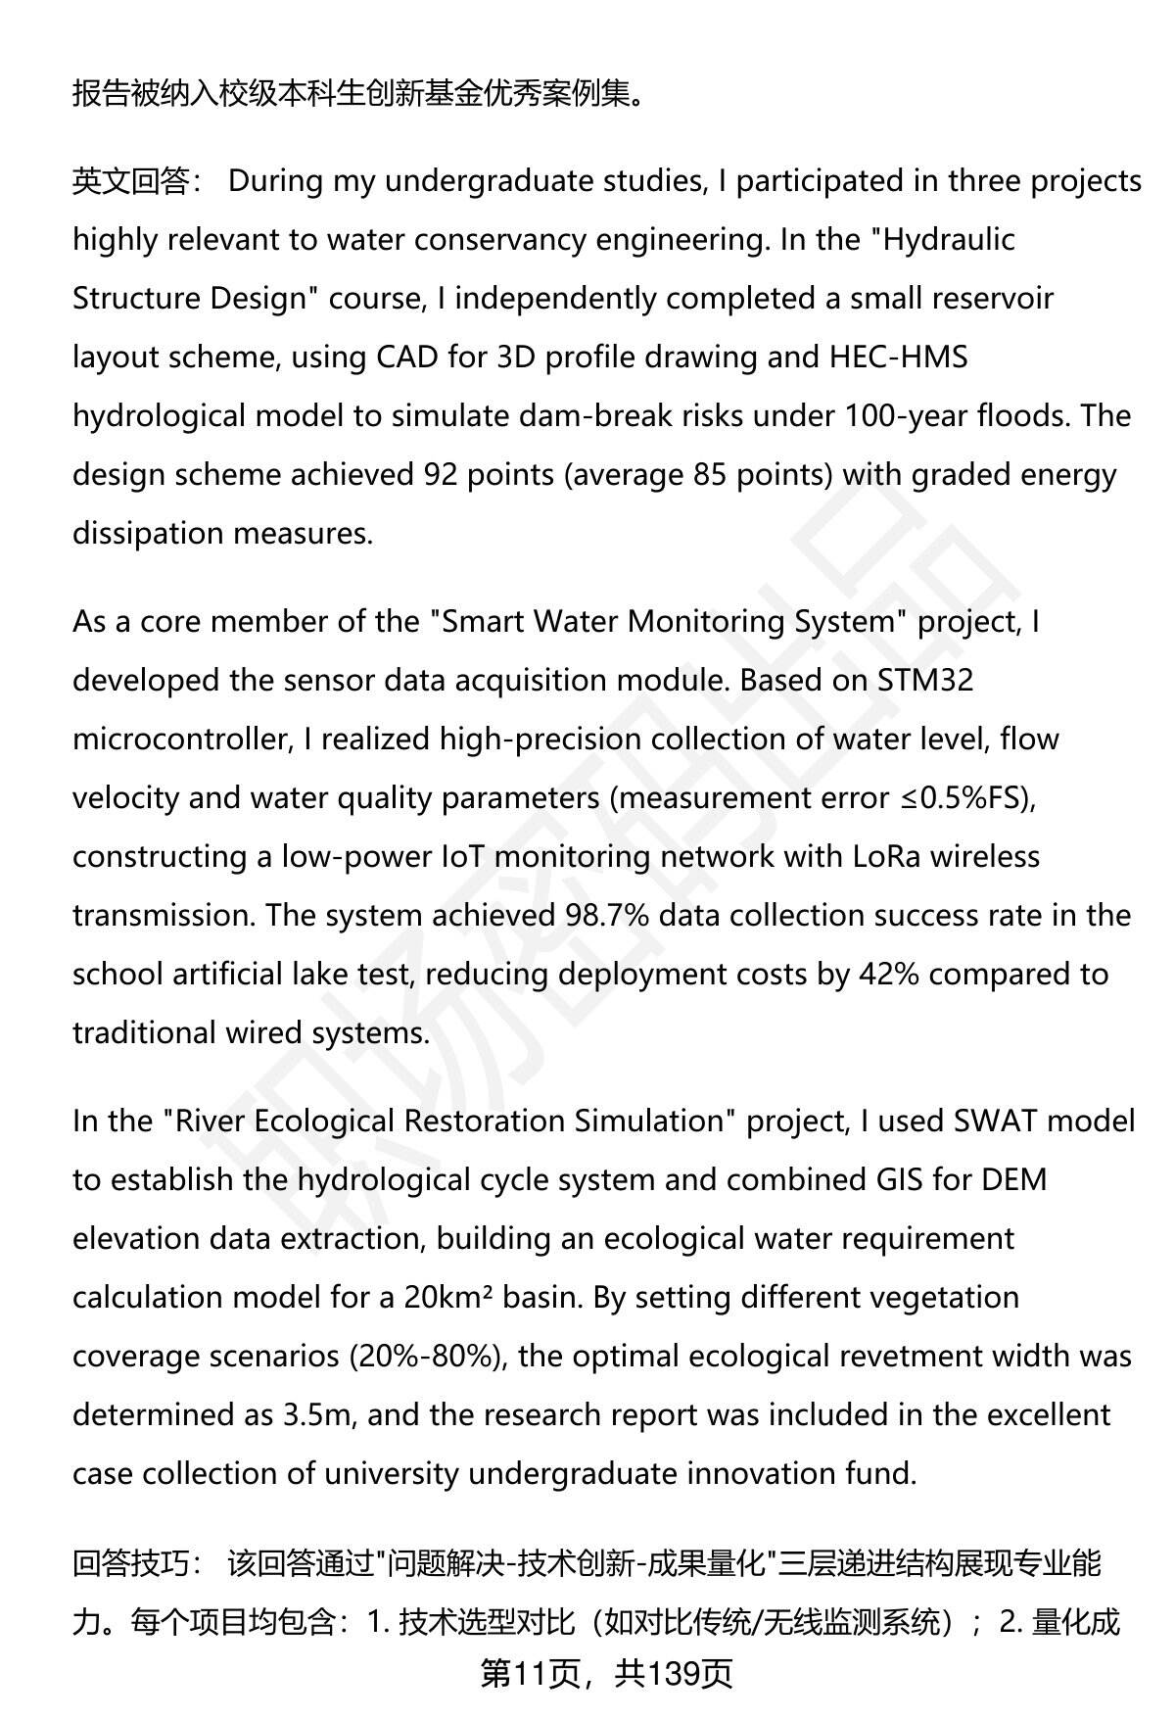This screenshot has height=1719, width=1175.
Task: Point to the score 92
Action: pyautogui.click(x=441, y=475)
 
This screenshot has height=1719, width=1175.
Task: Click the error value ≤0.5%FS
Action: pyautogui.click(x=963, y=798)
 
